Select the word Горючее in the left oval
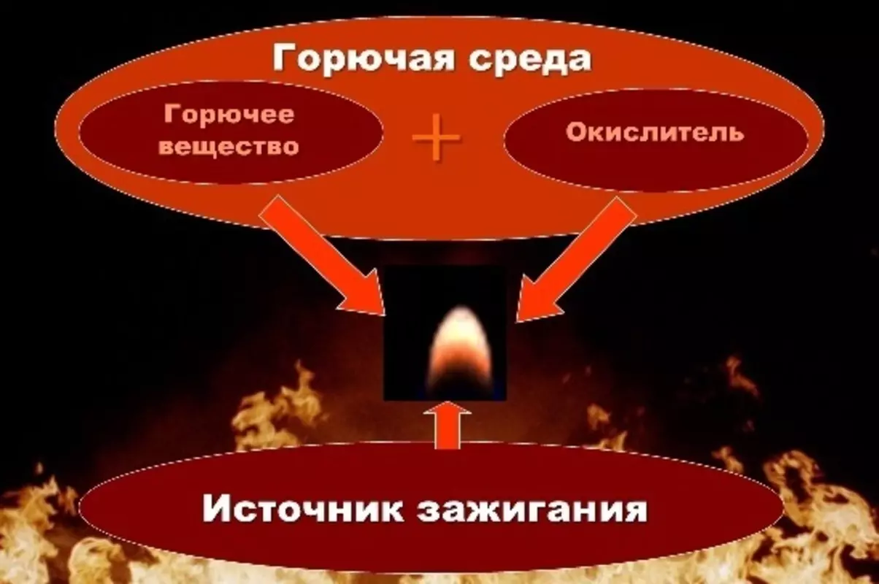pyautogui.click(x=229, y=115)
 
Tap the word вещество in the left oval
pyautogui.click(x=229, y=145)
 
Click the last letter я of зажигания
pyautogui.click(x=634, y=510)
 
